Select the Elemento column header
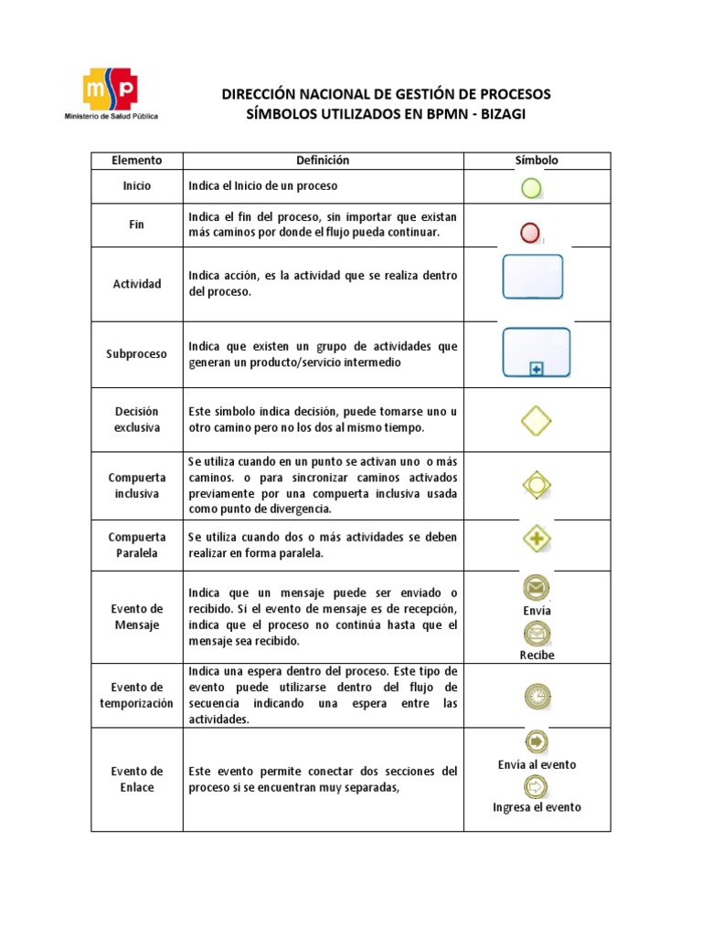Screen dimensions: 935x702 [137, 161]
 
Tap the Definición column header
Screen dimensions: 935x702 [323, 161]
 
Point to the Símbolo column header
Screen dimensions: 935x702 [537, 161]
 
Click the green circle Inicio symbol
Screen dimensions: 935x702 [530, 188]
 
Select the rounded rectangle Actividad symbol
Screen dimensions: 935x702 [533, 277]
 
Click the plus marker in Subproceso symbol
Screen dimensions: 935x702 [536, 368]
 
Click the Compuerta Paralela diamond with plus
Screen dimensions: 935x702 [537, 538]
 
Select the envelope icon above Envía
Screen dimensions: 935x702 [537, 587]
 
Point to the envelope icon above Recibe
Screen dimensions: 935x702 [537, 632]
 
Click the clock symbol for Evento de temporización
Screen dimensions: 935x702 [537, 697]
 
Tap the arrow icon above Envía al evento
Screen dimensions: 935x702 [536, 742]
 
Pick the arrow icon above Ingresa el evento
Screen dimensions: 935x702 [536, 785]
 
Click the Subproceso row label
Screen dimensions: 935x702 [137, 353]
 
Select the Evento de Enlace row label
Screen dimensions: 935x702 [137, 779]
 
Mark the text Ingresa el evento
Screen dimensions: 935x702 [537, 807]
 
